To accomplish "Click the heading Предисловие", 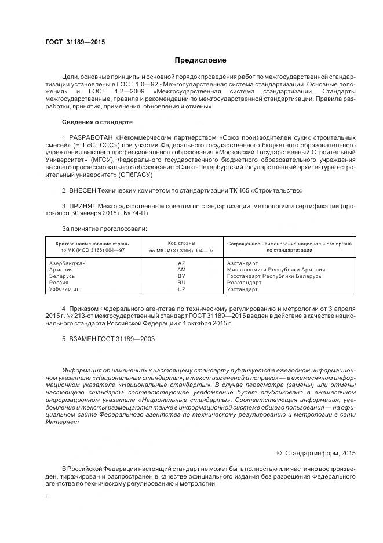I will click(201, 60).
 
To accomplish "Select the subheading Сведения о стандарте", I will click(97, 122).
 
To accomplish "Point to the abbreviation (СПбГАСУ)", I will click(134, 175).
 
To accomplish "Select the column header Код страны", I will click(181, 243).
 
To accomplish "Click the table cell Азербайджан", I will click(68, 263).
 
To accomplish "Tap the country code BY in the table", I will click(181, 276).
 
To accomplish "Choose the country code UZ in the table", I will click(181, 289).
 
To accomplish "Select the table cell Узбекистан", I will click(65, 289).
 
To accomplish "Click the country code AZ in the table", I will click(181, 263).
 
